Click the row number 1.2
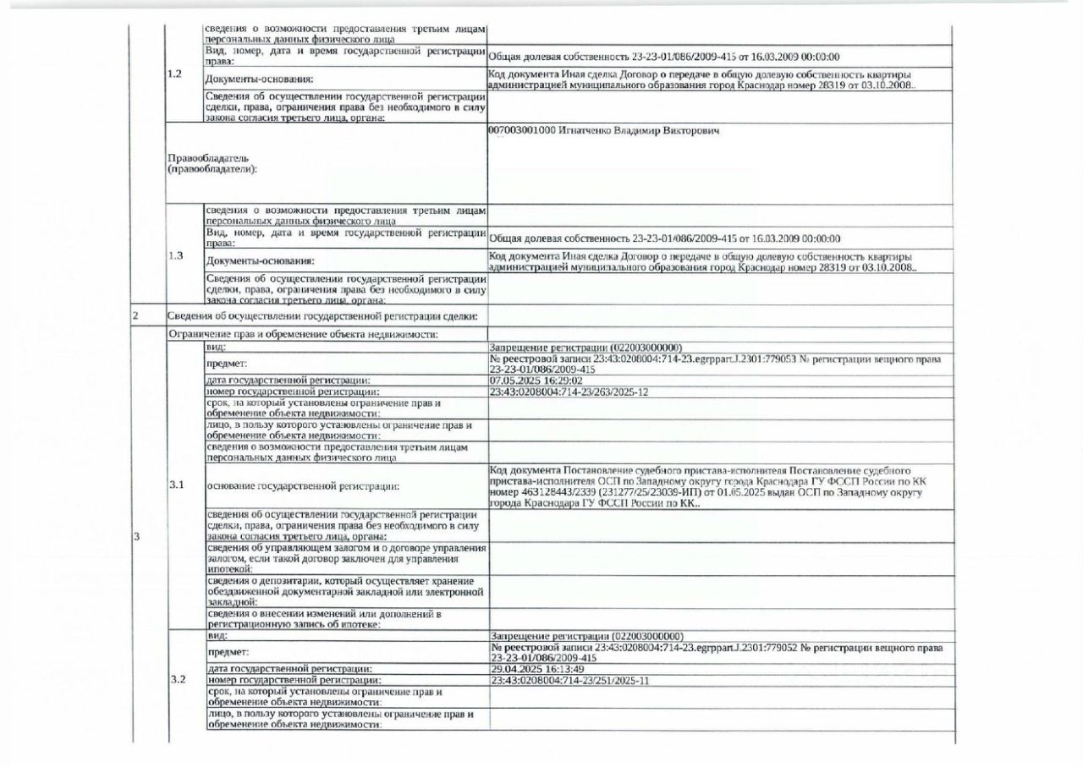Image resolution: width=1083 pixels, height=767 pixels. coord(175,74)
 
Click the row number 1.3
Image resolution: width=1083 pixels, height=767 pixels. coord(175,255)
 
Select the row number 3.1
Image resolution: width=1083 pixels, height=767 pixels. coord(177,485)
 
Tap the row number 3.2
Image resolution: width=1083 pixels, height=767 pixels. coord(178,679)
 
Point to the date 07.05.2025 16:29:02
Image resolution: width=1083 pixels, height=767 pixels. coord(536,381)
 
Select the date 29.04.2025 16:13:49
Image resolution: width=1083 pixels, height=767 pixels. coord(536,669)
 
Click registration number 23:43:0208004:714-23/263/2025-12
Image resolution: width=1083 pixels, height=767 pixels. coord(569,392)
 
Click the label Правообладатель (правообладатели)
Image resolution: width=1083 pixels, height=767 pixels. coord(212,163)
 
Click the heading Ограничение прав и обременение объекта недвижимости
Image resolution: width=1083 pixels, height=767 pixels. coord(302,334)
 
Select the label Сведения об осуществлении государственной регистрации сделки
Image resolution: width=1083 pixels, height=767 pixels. coord(322,316)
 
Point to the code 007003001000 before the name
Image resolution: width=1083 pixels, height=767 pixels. coord(522,133)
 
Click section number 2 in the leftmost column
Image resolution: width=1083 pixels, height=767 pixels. coord(134,316)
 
